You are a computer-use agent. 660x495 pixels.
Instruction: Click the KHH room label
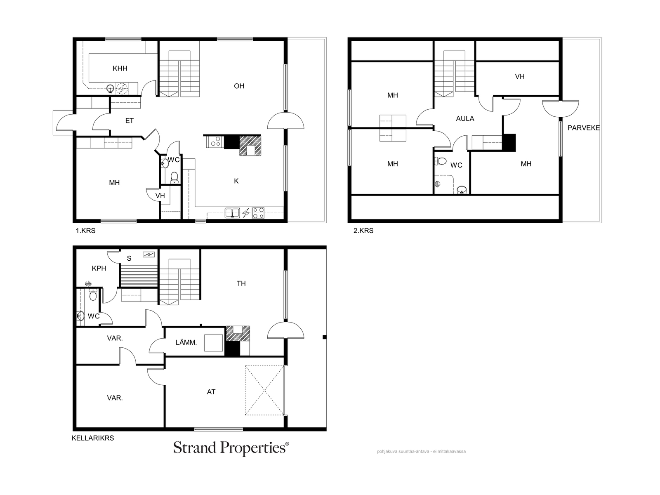[x=120, y=68]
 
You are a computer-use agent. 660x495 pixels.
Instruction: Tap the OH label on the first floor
[x=239, y=86]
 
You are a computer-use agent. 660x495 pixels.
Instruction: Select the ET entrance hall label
[x=129, y=121]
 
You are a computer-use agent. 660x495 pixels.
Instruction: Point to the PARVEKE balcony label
[x=583, y=128]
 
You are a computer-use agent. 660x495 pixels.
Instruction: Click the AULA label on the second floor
[x=465, y=119]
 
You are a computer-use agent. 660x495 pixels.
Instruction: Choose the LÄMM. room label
[x=186, y=342]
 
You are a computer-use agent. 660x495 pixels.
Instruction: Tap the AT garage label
[x=211, y=392]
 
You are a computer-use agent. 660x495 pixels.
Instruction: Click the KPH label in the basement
[x=99, y=269]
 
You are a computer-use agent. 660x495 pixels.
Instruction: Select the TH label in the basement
[x=241, y=283]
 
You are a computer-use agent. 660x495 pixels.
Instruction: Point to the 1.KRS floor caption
[x=85, y=231]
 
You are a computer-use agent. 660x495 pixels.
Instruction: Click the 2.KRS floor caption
[x=363, y=231]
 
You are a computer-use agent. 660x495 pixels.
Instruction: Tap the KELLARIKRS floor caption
[x=93, y=438]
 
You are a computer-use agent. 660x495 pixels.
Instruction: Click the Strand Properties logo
[x=231, y=448]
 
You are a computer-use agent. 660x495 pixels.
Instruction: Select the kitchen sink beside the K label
[x=232, y=213]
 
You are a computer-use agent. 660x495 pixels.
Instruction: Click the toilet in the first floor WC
[x=174, y=177]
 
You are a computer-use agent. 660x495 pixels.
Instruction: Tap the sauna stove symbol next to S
[x=149, y=255]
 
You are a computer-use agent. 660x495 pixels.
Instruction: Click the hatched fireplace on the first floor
[x=250, y=146]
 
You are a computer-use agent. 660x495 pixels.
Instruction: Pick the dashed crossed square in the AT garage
[x=264, y=390]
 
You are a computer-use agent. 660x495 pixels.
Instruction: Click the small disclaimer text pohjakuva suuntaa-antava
[x=421, y=451]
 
